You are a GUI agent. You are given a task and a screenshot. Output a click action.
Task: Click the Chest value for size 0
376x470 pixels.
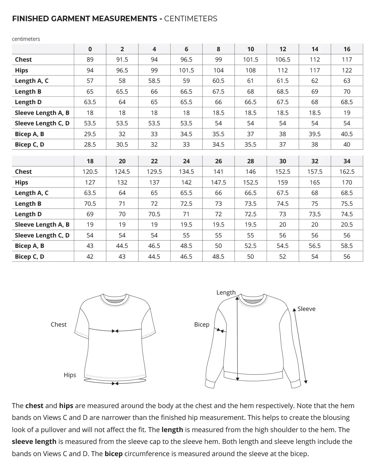click(90, 60)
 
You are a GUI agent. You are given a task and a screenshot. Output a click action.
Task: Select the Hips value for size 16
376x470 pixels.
click(347, 70)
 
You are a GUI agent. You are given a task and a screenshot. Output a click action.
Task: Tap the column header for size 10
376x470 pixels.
click(251, 49)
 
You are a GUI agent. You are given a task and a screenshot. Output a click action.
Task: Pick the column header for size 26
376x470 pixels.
click(218, 161)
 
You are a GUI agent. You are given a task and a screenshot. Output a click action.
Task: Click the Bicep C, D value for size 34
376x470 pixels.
click(347, 257)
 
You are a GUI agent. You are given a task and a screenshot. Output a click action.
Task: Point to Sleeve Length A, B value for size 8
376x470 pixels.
click(218, 113)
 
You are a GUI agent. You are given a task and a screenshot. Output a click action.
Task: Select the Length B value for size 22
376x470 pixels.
click(154, 204)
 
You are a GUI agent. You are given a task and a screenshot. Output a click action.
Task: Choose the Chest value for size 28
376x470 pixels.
click(251, 172)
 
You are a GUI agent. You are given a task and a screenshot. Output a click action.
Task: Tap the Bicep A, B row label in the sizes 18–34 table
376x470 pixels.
click(30, 246)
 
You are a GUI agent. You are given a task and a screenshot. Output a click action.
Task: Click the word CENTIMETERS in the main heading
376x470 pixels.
click(190, 19)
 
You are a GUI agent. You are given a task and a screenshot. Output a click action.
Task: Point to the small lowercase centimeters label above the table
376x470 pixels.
click(26, 39)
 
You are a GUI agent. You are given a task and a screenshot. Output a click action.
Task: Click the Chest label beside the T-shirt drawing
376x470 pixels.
click(58, 324)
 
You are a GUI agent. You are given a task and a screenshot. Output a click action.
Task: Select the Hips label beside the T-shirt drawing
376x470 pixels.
click(70, 375)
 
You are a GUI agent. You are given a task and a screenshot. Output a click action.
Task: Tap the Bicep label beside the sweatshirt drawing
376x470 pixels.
click(202, 324)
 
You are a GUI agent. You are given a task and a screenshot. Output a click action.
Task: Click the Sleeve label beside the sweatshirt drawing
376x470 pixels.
click(306, 309)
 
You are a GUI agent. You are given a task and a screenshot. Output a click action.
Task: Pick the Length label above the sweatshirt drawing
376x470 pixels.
click(226, 292)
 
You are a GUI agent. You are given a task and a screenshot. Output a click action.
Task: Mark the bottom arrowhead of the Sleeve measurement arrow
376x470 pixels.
click(306, 382)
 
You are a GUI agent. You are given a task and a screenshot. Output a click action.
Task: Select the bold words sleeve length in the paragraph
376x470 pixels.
click(34, 442)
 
